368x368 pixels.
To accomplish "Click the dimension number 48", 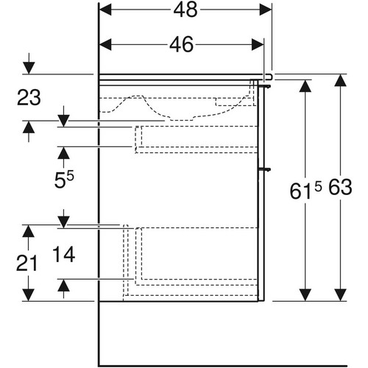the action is tap(185, 10).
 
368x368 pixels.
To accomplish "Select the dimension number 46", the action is tap(181, 45).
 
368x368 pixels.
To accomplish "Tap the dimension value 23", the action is tap(29, 98).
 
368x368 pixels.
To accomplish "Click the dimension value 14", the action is tap(63, 255).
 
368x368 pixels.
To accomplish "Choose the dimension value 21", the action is tap(26, 263).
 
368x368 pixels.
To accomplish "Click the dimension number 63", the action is tap(340, 187).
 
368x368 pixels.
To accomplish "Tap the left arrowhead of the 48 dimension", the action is tap(105, 10).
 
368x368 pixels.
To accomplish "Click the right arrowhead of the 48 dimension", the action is tap(266, 10).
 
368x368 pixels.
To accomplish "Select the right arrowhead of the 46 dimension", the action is tap(258, 45).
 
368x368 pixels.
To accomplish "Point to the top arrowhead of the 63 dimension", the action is tap(340, 80).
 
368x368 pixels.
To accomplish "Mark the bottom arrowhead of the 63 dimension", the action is tap(340, 295).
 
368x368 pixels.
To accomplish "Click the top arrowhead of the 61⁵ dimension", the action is tap(305, 86).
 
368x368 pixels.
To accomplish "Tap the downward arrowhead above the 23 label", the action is tap(29, 68).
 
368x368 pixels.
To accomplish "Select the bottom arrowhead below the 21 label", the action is tap(28, 295).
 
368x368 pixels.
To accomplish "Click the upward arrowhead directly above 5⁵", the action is tap(63, 153).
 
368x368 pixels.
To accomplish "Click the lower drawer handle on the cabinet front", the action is tap(265, 169).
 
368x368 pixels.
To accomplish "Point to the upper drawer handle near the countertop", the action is tap(265, 86).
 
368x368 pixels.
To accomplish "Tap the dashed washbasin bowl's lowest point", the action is tap(182, 120).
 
